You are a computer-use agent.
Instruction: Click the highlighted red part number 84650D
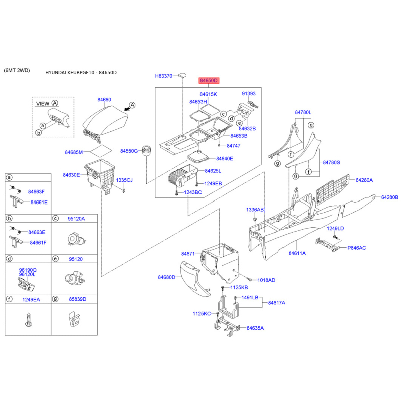[x=209, y=80]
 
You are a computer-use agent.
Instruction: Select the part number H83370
[x=163, y=76]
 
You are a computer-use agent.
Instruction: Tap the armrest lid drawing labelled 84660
[x=104, y=121]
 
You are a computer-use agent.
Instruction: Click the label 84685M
[x=73, y=151]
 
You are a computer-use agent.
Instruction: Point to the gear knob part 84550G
[x=147, y=150]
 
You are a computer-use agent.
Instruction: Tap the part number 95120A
[x=76, y=219]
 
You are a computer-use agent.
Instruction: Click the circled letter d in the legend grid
[x=9, y=259]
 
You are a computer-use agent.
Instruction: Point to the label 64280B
[x=389, y=197]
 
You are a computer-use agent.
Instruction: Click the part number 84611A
[x=297, y=254]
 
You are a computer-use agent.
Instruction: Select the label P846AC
[x=357, y=248]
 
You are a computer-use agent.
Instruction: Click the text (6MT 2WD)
[x=17, y=70]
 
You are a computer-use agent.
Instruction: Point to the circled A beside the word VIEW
[x=55, y=103]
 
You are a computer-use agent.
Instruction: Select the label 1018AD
[x=266, y=280]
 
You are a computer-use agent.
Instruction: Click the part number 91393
[x=248, y=94]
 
